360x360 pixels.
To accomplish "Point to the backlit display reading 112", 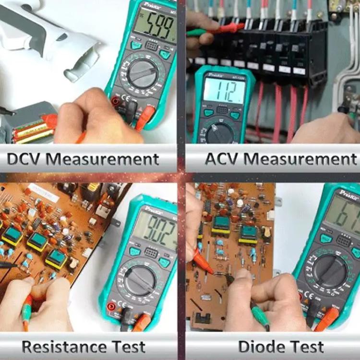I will (224, 91).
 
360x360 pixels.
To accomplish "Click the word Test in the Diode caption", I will (307, 346).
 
